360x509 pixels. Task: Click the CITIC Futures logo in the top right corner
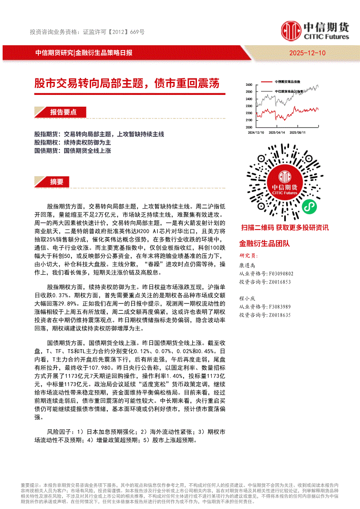tap(315, 30)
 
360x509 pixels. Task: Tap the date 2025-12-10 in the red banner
tap(307, 53)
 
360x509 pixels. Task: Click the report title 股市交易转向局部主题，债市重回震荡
tap(127, 83)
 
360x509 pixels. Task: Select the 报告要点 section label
tap(63, 112)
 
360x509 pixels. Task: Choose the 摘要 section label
tap(57, 182)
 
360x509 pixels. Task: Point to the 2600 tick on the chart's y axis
tap(249, 84)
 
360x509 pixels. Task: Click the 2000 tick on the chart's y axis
tap(249, 127)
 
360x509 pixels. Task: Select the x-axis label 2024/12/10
tap(256, 132)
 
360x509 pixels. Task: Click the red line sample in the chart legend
tap(266, 81)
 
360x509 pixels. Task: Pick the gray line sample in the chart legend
tap(266, 91)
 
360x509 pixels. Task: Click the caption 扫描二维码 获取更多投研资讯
tap(285, 228)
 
